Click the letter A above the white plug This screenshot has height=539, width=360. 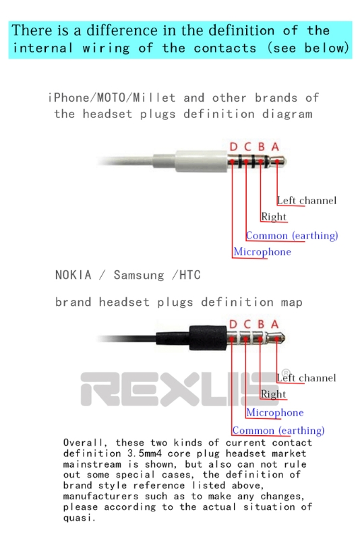(x=275, y=147)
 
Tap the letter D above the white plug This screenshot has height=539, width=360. (x=233, y=147)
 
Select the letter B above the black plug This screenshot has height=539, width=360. (x=261, y=324)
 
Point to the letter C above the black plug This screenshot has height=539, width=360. (x=247, y=324)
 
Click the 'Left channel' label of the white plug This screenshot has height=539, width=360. (x=307, y=200)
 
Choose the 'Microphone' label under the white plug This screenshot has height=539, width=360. (x=262, y=252)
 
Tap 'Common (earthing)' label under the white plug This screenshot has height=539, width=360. (x=292, y=236)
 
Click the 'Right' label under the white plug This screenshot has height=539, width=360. (x=274, y=217)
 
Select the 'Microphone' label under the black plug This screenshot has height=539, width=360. (x=275, y=412)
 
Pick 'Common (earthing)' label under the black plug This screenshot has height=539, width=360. (x=278, y=431)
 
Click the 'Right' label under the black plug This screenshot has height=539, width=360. (x=273, y=394)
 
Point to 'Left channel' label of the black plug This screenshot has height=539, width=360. (x=306, y=378)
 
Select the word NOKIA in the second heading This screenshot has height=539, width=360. (x=73, y=275)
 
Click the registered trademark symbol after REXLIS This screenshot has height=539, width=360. (x=285, y=373)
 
